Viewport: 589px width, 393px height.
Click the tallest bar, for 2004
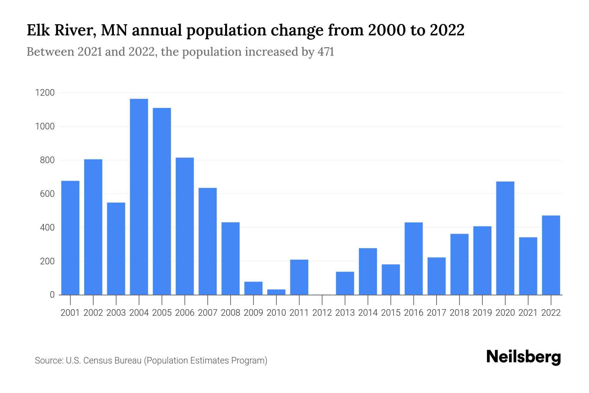pyautogui.click(x=139, y=196)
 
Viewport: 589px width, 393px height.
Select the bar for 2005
pyautogui.click(x=162, y=201)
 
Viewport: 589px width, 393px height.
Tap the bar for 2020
pyautogui.click(x=505, y=238)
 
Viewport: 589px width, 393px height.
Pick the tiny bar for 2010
pyautogui.click(x=276, y=292)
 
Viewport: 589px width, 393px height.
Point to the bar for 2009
pyautogui.click(x=253, y=288)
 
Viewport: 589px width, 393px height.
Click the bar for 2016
pyautogui.click(x=413, y=258)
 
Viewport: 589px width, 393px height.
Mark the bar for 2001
pyautogui.click(x=70, y=238)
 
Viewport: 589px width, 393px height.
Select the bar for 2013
pyautogui.click(x=345, y=283)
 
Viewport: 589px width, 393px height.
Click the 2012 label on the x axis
pyautogui.click(x=322, y=313)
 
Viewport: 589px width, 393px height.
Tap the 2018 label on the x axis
pyautogui.click(x=459, y=313)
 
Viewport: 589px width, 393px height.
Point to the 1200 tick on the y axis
pyautogui.click(x=45, y=93)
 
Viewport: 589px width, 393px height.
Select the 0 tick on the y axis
pyautogui.click(x=52, y=295)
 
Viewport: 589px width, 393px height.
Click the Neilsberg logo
pyautogui.click(x=523, y=357)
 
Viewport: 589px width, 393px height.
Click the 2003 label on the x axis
pyautogui.click(x=116, y=313)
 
